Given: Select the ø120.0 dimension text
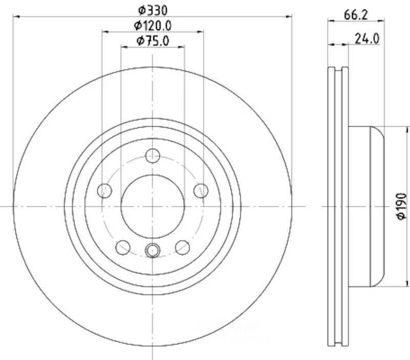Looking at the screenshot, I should (x=153, y=25).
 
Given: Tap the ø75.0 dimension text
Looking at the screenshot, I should (x=153, y=41).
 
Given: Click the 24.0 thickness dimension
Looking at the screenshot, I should (x=367, y=38).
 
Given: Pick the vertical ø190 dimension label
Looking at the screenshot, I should (x=401, y=207).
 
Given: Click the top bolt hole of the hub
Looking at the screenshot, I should (x=153, y=155).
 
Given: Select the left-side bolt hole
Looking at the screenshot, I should (x=105, y=190).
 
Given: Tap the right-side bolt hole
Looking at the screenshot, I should (x=201, y=190).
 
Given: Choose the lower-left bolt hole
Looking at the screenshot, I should (x=123, y=247).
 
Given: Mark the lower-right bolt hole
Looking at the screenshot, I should (x=182, y=247).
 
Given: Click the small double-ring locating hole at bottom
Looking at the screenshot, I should (x=153, y=250).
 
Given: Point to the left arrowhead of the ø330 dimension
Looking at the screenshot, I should (x=16, y=16).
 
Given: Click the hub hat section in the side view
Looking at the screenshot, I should (x=366, y=205).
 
